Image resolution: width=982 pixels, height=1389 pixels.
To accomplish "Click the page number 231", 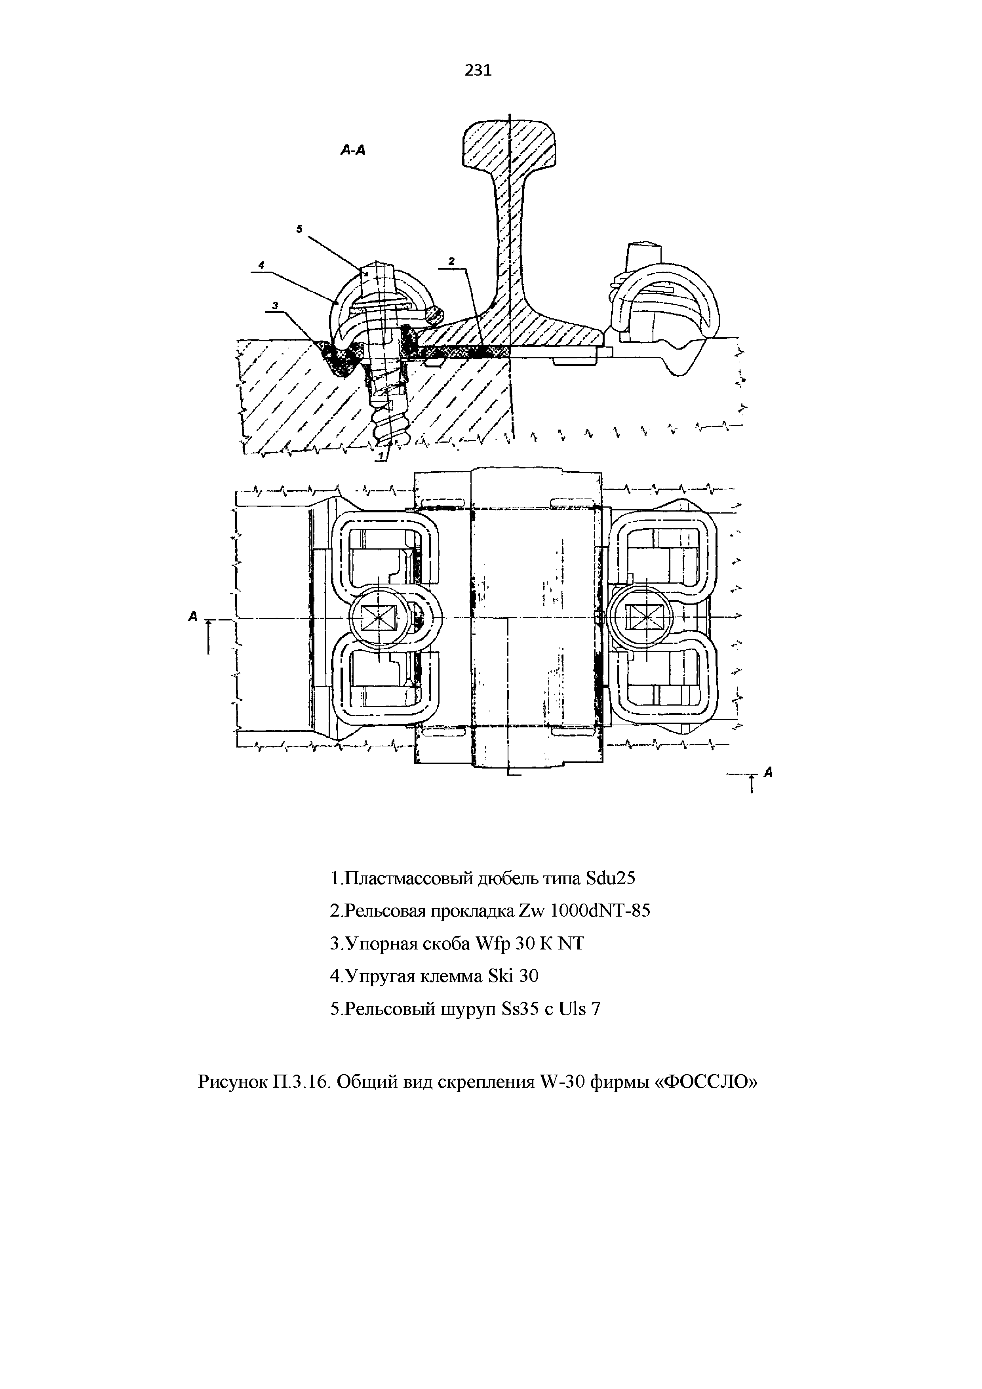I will pos(478,71).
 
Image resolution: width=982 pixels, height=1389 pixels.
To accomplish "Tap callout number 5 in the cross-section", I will pos(299,229).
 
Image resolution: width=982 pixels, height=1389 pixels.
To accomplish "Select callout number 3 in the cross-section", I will pos(275,306).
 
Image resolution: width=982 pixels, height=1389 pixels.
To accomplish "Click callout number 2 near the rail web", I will pos(451,261).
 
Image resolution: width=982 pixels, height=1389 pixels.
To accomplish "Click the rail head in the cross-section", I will pos(510,142).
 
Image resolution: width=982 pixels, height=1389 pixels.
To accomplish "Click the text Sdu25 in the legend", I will pos(611,878).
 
